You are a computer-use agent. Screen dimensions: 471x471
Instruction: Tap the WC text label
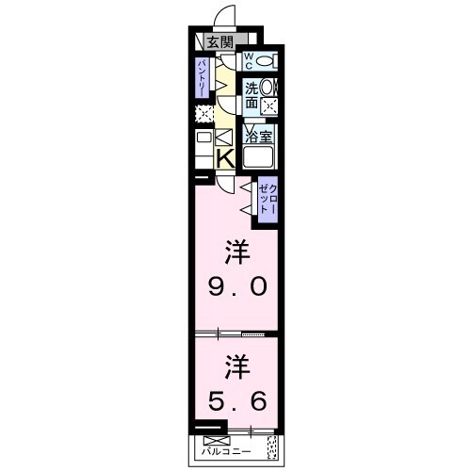(249, 61)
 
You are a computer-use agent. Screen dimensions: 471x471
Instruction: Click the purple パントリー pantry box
(203, 78)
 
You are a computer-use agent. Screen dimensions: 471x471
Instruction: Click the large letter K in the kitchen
(226, 158)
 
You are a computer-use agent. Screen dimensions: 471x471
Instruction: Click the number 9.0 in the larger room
(235, 285)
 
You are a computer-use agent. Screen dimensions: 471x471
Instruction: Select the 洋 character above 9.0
(235, 252)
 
